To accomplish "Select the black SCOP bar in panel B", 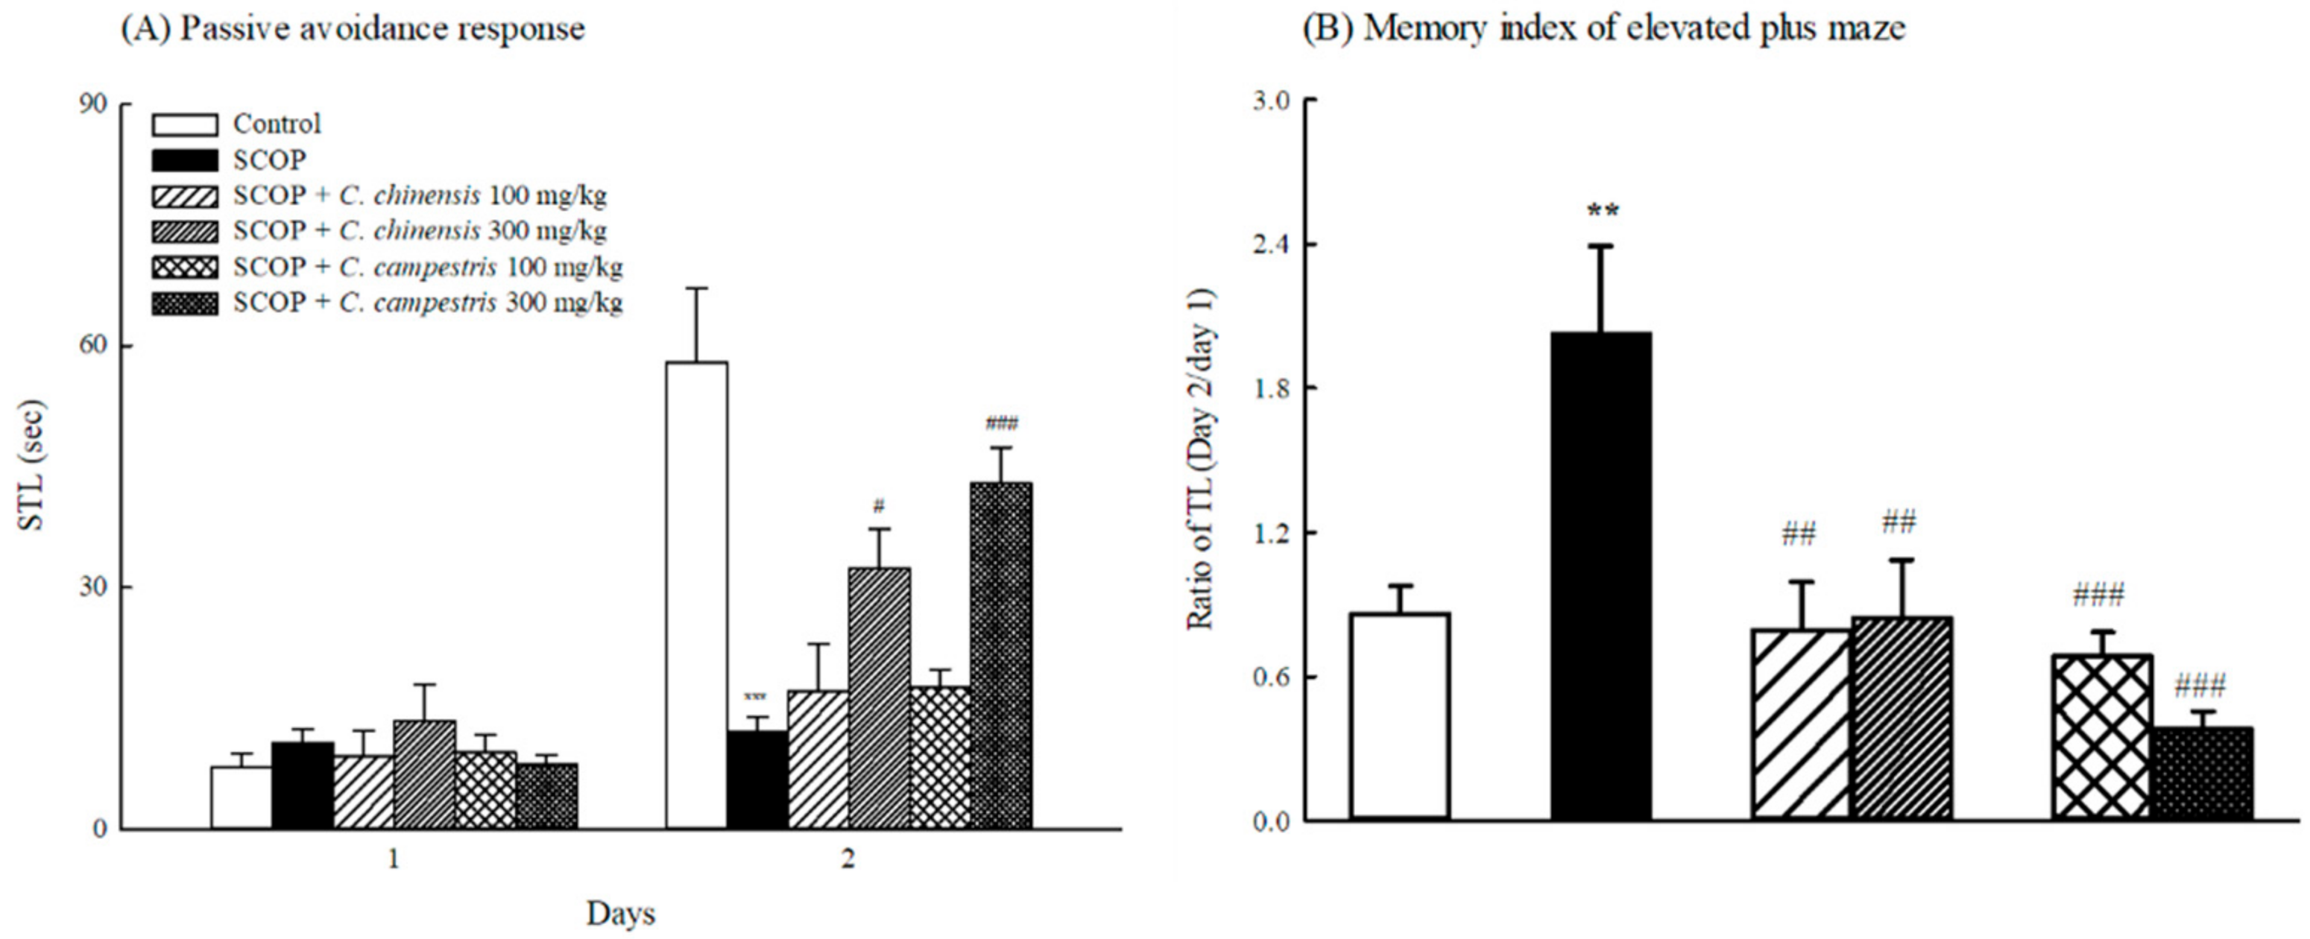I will point(1600,575).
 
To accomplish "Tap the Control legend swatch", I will point(185,124).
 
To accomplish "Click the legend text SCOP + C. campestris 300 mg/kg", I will point(428,303).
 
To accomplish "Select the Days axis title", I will point(620,913).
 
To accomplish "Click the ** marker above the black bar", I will point(1603,212).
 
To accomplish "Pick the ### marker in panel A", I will point(1002,423).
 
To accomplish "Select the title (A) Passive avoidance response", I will point(353,29).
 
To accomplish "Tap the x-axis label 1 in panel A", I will point(393,860).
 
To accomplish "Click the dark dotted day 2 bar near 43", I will point(1001,655).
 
